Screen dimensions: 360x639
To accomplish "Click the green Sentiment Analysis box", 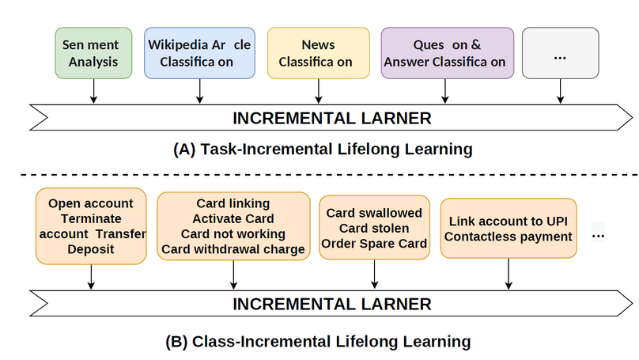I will click(x=93, y=53).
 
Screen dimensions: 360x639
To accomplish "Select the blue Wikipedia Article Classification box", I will click(x=199, y=53).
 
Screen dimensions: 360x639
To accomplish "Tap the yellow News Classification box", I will click(x=318, y=53).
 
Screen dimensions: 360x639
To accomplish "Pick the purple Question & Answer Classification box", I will click(x=447, y=53).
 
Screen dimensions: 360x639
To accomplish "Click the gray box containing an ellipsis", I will click(x=560, y=53).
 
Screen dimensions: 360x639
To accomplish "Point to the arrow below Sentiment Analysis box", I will click(x=93, y=92).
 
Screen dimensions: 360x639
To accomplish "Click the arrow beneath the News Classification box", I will click(x=318, y=92).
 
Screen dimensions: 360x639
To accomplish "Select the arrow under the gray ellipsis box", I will click(x=560, y=92).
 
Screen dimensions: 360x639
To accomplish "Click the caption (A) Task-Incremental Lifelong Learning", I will click(x=322, y=149).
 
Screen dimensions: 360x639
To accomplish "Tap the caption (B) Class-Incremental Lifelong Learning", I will click(x=318, y=342).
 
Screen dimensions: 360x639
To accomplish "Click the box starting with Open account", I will click(x=90, y=225).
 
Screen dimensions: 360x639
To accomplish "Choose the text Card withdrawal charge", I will click(x=233, y=250).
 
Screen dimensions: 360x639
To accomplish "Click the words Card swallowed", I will click(x=374, y=213).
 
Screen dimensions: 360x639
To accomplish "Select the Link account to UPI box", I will click(x=509, y=228).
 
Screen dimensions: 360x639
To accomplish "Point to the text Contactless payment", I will click(x=509, y=236).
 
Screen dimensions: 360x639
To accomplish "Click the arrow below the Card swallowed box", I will click(x=374, y=275).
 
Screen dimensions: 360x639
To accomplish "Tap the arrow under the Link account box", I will click(x=509, y=275).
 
